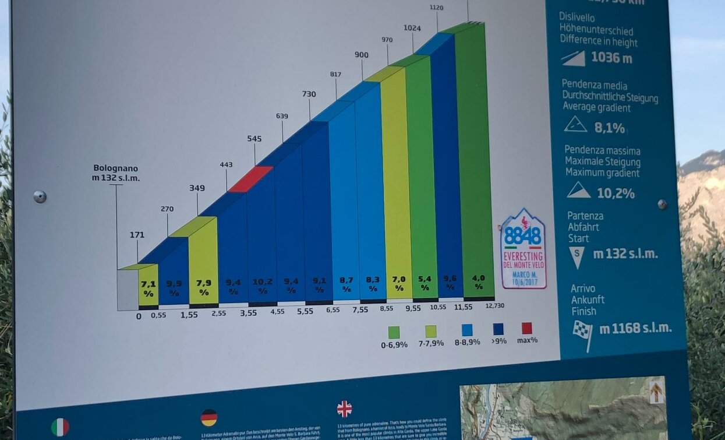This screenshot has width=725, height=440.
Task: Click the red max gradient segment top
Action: pyautogui.click(x=250, y=179)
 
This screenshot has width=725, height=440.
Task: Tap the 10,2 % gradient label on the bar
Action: pyautogui.click(x=263, y=286)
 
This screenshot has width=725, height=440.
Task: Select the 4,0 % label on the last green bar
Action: pyautogui.click(x=479, y=282)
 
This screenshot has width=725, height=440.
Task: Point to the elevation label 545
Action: pyautogui.click(x=254, y=139)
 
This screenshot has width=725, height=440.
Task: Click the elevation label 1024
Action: pyautogui.click(x=412, y=27)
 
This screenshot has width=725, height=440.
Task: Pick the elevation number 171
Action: pyautogui.click(x=137, y=235)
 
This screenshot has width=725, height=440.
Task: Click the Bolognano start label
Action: pyautogui.click(x=116, y=173)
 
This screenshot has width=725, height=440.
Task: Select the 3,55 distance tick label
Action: pyautogui.click(x=249, y=312)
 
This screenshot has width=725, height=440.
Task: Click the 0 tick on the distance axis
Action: pyautogui.click(x=139, y=316)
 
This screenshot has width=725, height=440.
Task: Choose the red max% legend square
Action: pyautogui.click(x=527, y=328)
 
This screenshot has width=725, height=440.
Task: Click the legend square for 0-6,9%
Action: pyautogui.click(x=394, y=332)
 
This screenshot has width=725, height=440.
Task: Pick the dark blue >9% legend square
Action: pyautogui.click(x=498, y=329)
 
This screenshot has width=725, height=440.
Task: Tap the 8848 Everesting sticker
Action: pyautogui.click(x=523, y=249)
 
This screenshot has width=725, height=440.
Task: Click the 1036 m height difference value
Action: pyautogui.click(x=611, y=57)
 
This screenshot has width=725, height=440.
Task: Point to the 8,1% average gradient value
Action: pyautogui.click(x=609, y=128)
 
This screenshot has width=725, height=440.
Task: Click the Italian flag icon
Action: pyautogui.click(x=60, y=427)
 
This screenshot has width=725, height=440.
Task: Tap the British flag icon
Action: pyautogui.click(x=344, y=409)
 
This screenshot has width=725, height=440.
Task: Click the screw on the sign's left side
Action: pyautogui.click(x=40, y=196)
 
